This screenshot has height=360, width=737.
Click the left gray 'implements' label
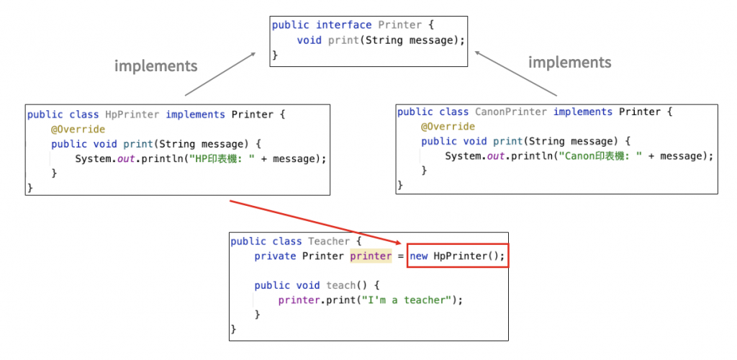[x=155, y=66]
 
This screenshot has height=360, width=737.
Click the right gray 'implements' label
[x=569, y=63]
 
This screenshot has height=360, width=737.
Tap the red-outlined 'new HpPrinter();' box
[x=458, y=256]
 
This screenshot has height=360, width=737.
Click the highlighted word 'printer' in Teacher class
[x=371, y=256]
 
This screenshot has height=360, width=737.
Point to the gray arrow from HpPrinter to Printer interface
[x=221, y=73]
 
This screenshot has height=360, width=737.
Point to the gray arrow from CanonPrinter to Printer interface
[x=516, y=73]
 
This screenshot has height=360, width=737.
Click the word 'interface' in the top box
[x=344, y=25]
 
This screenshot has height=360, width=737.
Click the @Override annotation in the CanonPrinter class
[x=448, y=127]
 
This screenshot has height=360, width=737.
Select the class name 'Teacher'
[x=329, y=241]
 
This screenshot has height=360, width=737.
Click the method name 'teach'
[x=340, y=285]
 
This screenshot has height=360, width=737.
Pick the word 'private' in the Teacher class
[x=275, y=256]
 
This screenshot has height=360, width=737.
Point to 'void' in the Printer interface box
[x=309, y=40]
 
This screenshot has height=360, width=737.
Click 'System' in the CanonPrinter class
[x=463, y=156]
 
